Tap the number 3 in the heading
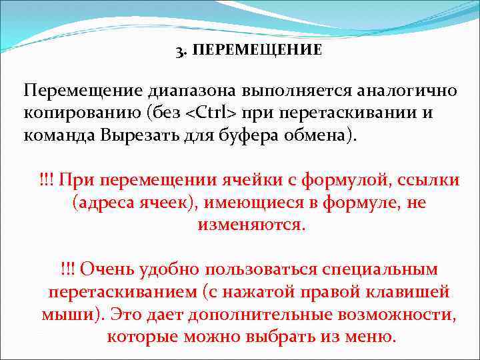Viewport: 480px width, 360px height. (x=179, y=51)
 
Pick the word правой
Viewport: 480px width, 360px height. (x=336, y=292)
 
